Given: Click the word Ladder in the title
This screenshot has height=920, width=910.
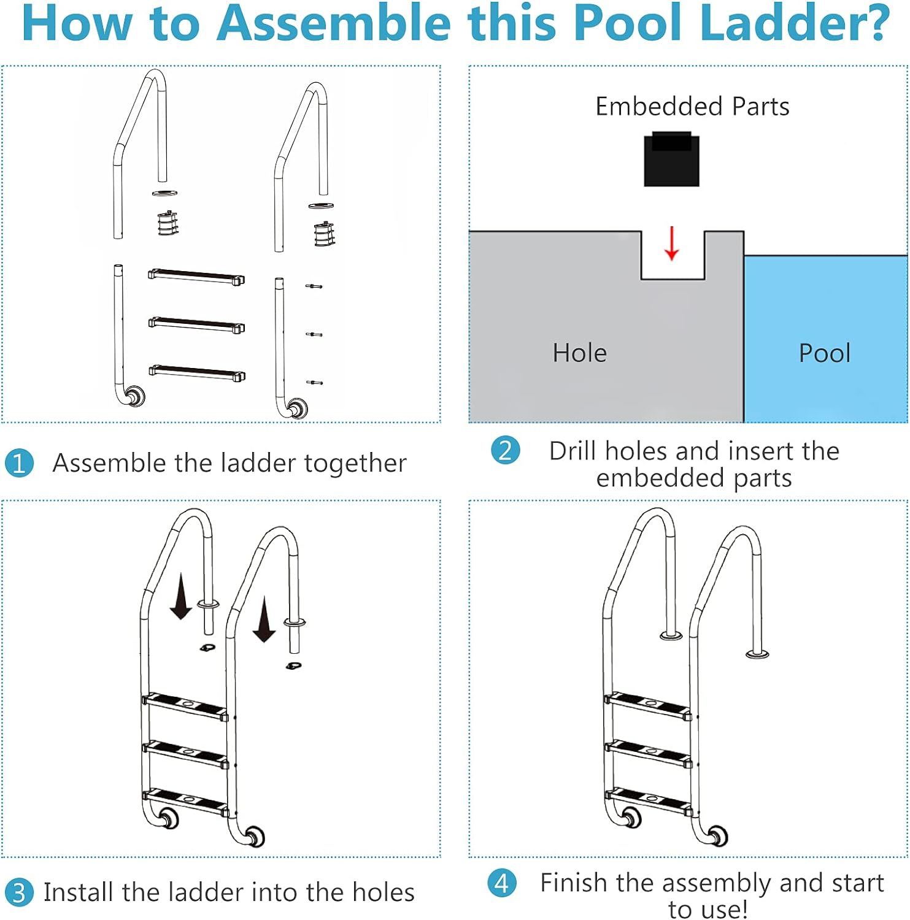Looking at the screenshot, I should pyautogui.click(x=794, y=23).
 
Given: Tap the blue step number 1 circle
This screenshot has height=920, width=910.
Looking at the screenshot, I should pyautogui.click(x=19, y=463).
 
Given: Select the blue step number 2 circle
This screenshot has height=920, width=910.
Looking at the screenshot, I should pyautogui.click(x=505, y=450).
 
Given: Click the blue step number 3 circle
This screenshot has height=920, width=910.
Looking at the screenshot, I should pyautogui.click(x=19, y=892).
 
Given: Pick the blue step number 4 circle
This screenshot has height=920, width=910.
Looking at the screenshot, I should pyautogui.click(x=501, y=883).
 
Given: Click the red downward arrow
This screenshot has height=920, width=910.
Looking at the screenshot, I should pyautogui.click(x=672, y=244).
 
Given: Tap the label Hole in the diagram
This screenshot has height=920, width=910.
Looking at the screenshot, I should pyautogui.click(x=579, y=353).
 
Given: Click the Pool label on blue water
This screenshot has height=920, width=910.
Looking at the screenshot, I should pyautogui.click(x=824, y=353).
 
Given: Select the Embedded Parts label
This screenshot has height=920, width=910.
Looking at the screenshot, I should pyautogui.click(x=692, y=107).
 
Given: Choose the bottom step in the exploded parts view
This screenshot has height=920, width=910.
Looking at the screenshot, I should pyautogui.click(x=196, y=372).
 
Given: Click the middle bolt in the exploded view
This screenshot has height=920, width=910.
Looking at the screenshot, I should pyautogui.click(x=314, y=334).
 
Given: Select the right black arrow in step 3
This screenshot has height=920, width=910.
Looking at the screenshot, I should pyautogui.click(x=264, y=619).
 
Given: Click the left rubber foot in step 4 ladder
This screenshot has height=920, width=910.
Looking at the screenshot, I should pyautogui.click(x=630, y=817).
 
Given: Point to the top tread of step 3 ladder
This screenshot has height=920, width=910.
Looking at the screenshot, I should pyautogui.click(x=185, y=705).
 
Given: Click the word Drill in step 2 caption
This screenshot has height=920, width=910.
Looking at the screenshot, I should pyautogui.click(x=573, y=451).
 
